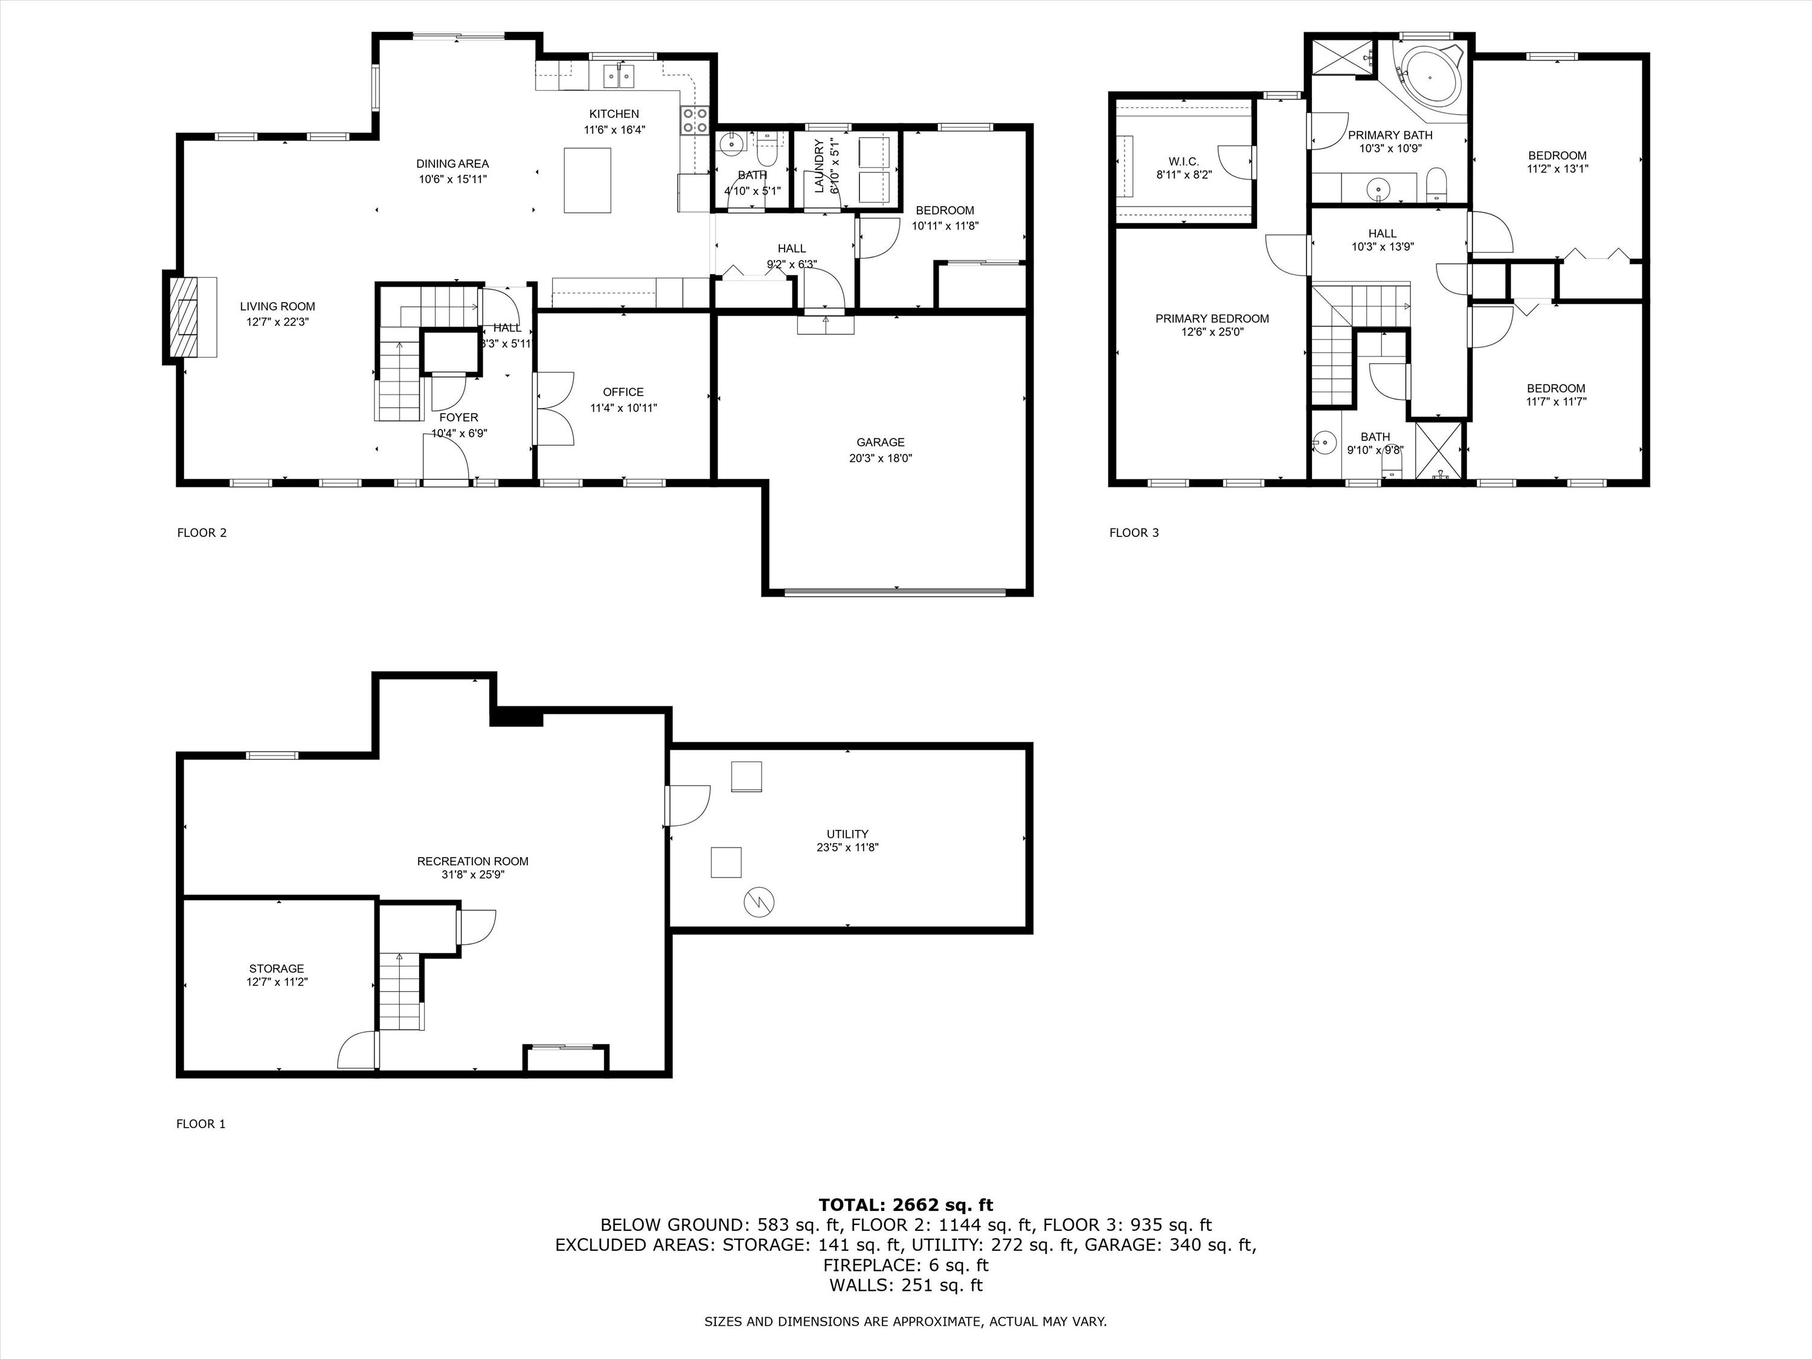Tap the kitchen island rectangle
587,180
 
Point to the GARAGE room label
881,442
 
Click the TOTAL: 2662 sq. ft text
905,1204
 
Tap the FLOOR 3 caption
1134,533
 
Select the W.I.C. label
1184,161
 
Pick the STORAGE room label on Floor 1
276,968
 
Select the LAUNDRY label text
819,166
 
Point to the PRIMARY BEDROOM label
1212,319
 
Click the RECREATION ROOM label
473,861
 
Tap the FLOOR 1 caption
201,1124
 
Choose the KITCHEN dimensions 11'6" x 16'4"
614,129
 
